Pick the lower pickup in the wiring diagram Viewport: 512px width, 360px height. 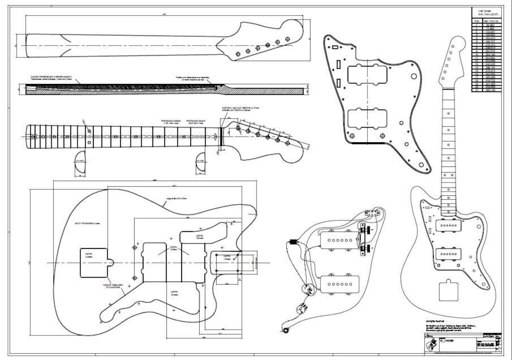[339, 283]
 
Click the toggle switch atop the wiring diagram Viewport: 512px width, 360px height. [374, 213]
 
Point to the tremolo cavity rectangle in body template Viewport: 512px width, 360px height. [94, 262]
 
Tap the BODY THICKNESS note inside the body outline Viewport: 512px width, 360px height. [87, 222]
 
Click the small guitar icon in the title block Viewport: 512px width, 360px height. [432, 344]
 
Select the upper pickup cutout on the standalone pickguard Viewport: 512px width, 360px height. [367, 74]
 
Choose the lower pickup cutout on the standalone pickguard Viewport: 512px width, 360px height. [367, 119]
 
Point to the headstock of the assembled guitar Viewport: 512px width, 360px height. [453, 62]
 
